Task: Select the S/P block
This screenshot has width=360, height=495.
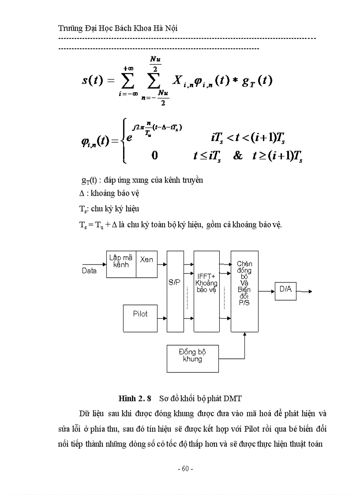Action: click(175, 291)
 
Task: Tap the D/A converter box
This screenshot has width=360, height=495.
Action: click(285, 290)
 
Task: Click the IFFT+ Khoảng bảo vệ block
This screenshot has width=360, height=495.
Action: click(206, 291)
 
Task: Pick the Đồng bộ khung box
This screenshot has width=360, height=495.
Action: click(192, 358)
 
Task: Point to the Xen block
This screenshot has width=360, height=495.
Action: click(146, 264)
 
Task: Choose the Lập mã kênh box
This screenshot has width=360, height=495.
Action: click(121, 264)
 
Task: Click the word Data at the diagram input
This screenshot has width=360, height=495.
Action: click(89, 271)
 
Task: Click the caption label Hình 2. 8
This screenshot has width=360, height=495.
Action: click(135, 398)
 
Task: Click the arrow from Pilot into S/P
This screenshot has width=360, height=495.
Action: click(162, 317)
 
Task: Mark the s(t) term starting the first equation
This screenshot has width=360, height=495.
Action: click(93, 81)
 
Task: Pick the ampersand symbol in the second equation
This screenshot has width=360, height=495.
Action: click(238, 156)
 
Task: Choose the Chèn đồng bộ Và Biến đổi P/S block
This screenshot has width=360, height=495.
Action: click(244, 291)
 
